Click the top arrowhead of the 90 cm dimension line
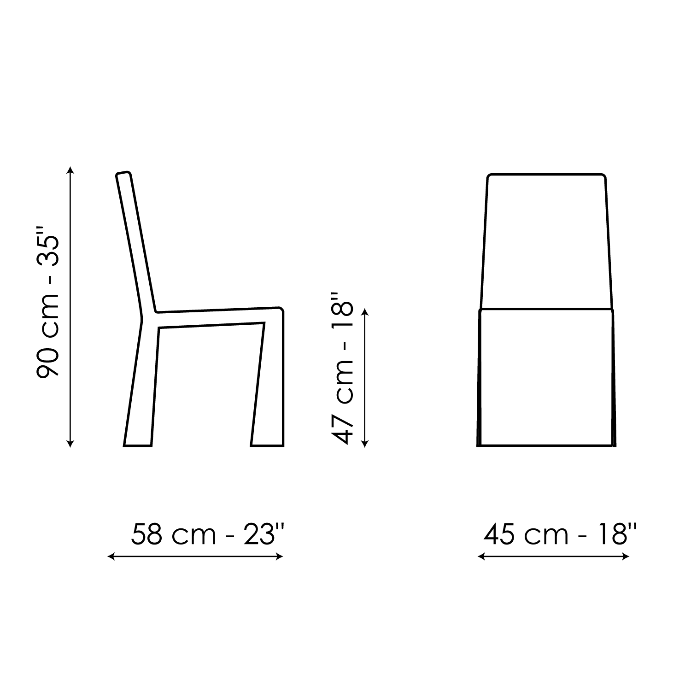(70, 169)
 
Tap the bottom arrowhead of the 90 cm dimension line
(70, 444)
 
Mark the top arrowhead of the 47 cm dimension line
(365, 312)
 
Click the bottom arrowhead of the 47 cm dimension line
(365, 444)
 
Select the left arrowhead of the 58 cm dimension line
(111, 557)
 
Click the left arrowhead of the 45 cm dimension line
(481, 557)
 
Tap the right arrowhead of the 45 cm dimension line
(626, 557)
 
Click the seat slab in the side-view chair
(217, 318)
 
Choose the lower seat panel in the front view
(546, 378)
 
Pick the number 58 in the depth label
(146, 534)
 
